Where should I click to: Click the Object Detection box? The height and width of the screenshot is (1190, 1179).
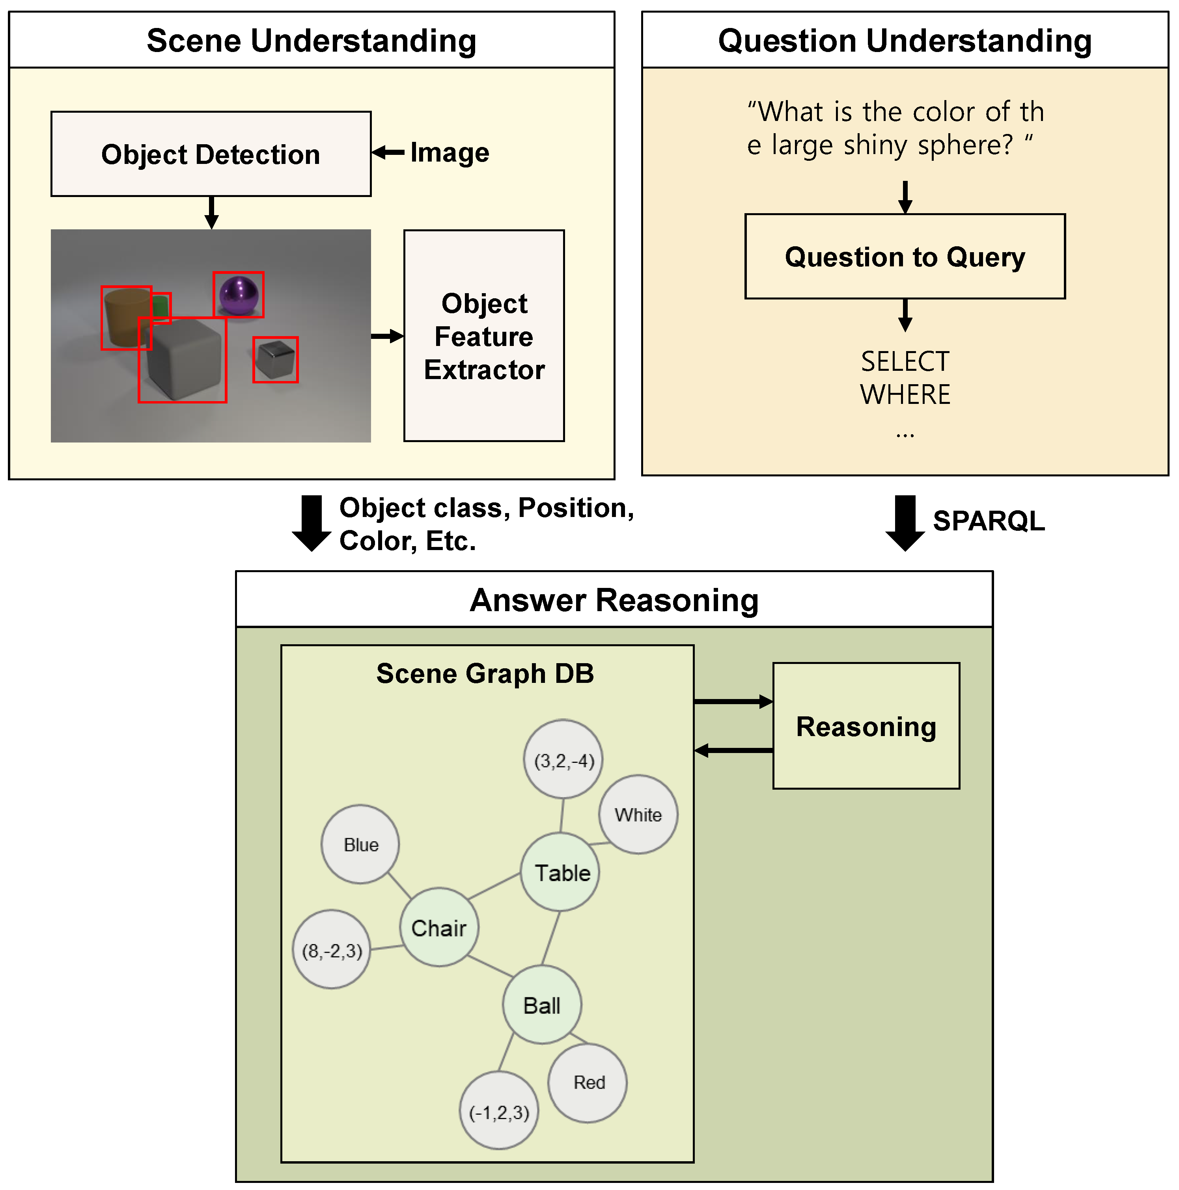click(211, 154)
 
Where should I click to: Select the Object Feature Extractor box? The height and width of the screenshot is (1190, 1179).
click(484, 336)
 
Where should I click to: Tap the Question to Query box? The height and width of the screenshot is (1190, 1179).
click(905, 256)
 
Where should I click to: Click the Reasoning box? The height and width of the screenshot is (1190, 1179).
click(866, 725)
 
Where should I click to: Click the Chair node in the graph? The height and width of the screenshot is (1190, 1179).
click(439, 927)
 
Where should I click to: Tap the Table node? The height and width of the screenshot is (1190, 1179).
click(561, 872)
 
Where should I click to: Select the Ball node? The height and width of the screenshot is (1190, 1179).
click(542, 1005)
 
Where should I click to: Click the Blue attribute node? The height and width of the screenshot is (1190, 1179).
click(360, 844)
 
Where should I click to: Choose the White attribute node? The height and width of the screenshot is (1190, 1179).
click(638, 814)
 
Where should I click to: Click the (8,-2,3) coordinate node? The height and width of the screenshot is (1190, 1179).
click(332, 950)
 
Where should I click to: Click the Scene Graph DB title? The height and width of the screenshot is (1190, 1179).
click(485, 673)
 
